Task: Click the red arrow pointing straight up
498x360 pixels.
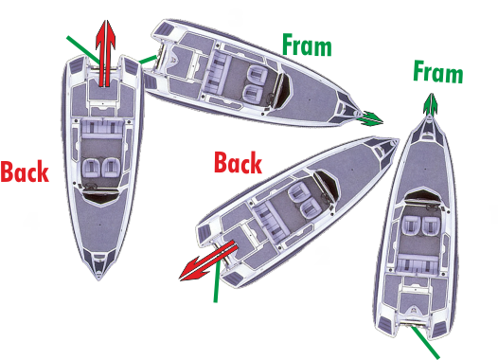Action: tap(105, 53)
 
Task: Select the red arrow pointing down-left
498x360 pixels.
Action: tap(208, 261)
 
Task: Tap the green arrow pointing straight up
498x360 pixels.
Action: tap(431, 104)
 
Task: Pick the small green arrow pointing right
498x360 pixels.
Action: tap(370, 118)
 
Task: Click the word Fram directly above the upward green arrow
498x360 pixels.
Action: tap(438, 72)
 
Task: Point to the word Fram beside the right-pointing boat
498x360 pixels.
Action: tap(307, 45)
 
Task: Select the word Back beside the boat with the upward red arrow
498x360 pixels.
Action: tap(25, 171)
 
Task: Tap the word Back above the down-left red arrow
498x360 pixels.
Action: tap(239, 162)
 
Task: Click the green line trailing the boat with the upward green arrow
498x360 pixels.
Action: tap(425, 343)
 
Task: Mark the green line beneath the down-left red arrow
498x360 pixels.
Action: tap(217, 281)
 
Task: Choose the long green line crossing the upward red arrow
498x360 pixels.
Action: tap(83, 49)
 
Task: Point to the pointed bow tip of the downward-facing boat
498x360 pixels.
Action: tap(99, 279)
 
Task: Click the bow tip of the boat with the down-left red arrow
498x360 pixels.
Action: tap(397, 139)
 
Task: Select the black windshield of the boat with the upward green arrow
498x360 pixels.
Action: tap(422, 195)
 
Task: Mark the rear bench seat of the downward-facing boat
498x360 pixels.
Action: tap(102, 127)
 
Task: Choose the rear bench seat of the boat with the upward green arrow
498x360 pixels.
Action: tap(418, 263)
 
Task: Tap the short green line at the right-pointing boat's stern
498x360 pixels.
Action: tap(149, 60)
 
